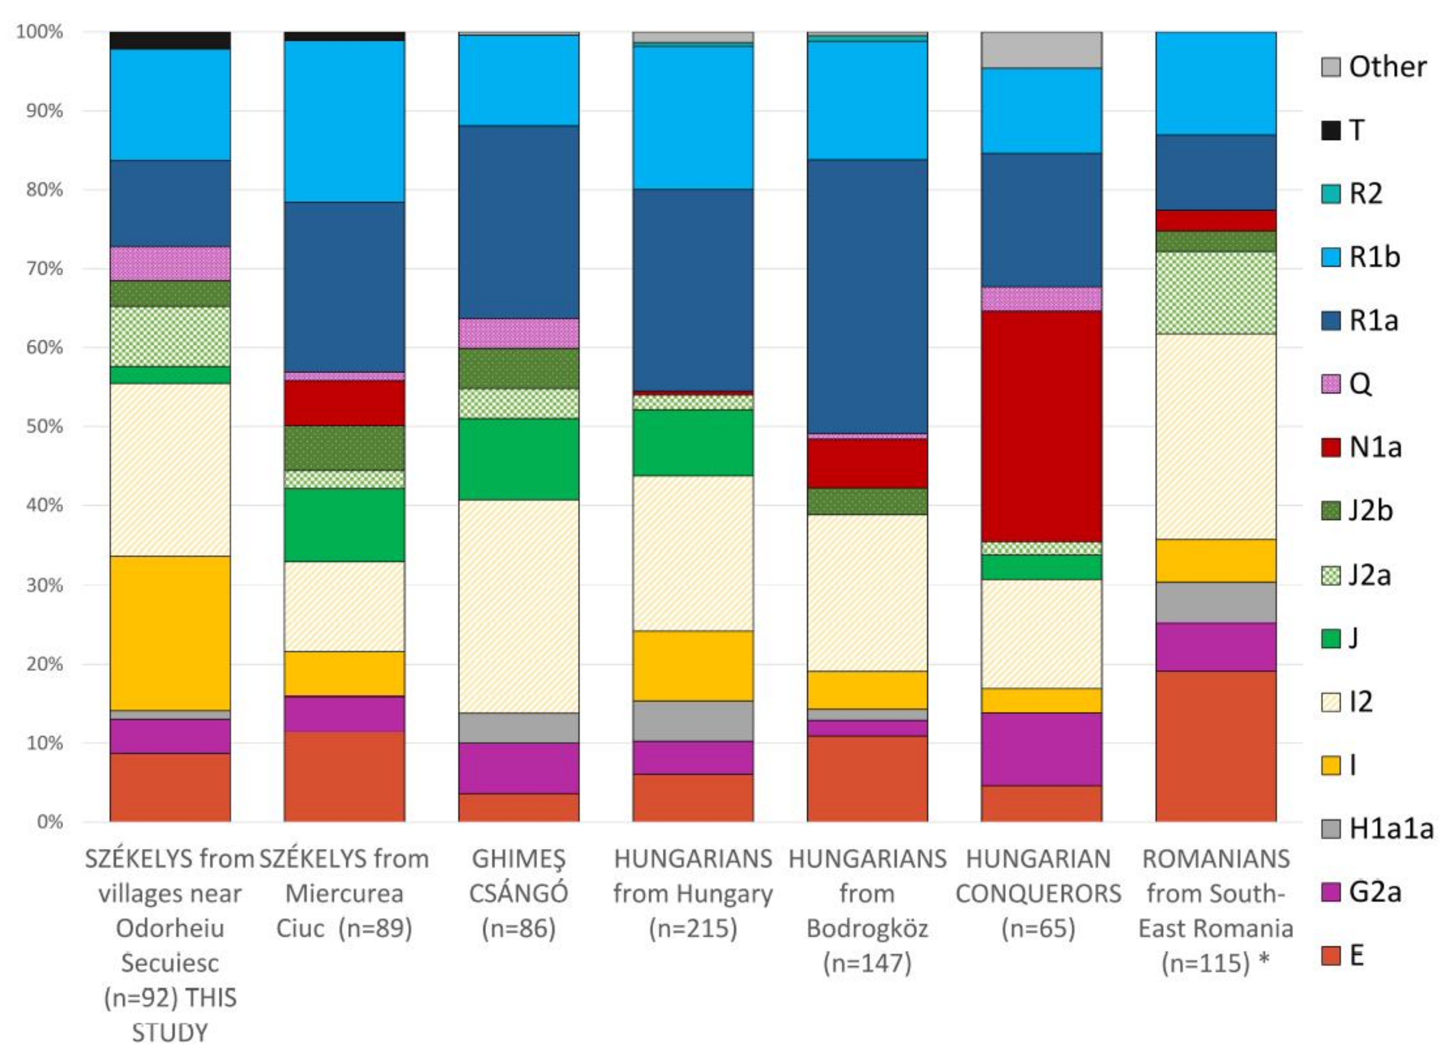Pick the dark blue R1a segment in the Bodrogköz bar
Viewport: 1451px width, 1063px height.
point(867,296)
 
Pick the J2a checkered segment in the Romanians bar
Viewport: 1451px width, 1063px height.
point(1215,293)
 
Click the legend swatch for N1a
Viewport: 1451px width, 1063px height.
point(1330,447)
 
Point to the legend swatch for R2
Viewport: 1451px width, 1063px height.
point(1330,193)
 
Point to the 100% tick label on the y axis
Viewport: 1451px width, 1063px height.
point(40,31)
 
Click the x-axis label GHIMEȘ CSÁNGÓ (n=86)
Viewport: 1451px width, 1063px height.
point(518,893)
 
